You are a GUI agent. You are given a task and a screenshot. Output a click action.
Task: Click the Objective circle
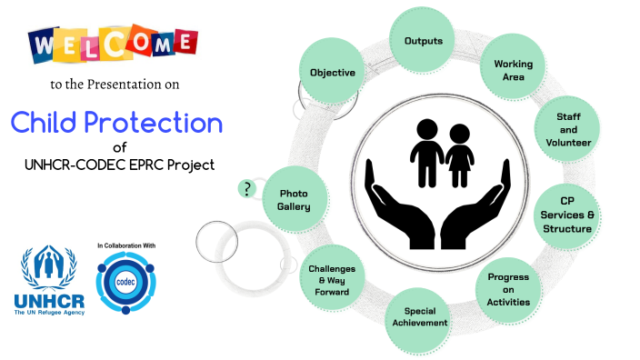332,72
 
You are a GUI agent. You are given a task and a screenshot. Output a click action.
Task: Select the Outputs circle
423,42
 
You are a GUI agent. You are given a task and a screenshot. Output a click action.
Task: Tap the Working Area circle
513,71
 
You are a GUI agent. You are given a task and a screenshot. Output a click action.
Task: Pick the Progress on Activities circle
508,288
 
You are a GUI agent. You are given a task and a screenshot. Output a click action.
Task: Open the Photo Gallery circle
295,200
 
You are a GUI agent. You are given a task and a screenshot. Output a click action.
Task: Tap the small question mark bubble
246,189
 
